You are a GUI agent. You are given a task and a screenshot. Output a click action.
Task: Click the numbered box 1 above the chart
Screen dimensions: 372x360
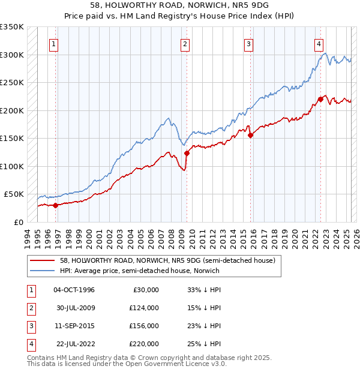pos(54,44)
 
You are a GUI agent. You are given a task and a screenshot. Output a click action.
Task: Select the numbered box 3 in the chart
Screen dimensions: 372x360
pos(248,44)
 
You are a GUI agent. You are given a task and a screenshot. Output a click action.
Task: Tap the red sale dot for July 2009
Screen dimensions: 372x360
pos(187,153)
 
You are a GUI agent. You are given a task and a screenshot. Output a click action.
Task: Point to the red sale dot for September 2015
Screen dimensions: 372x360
pos(250,135)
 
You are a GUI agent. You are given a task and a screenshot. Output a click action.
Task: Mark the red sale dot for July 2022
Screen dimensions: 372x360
pos(320,100)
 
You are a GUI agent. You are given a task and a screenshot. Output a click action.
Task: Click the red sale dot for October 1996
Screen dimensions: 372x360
pos(56,205)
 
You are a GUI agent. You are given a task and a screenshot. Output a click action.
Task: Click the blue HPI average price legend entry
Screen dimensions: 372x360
pos(140,271)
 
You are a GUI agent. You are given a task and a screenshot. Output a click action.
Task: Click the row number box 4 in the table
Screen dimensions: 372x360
pos(29,344)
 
